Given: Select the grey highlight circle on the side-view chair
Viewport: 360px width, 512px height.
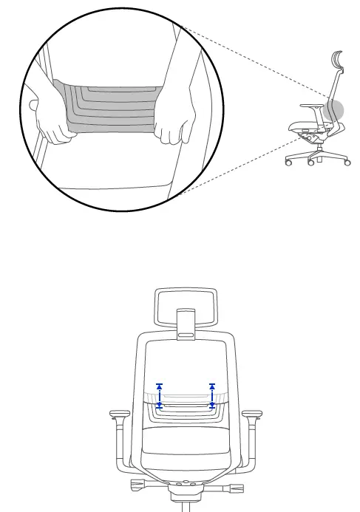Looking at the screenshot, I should [x=334, y=111].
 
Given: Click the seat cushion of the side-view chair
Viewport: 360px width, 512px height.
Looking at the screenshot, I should [x=303, y=128].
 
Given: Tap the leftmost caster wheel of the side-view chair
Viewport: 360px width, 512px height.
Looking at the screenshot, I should [x=288, y=162].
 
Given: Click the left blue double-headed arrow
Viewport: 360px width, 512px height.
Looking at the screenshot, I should [x=160, y=396].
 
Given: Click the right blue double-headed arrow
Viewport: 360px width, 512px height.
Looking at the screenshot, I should [x=213, y=396].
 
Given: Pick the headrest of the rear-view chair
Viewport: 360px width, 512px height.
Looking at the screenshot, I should [x=184, y=306].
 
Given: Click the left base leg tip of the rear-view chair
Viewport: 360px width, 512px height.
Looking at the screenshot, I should [x=137, y=485].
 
